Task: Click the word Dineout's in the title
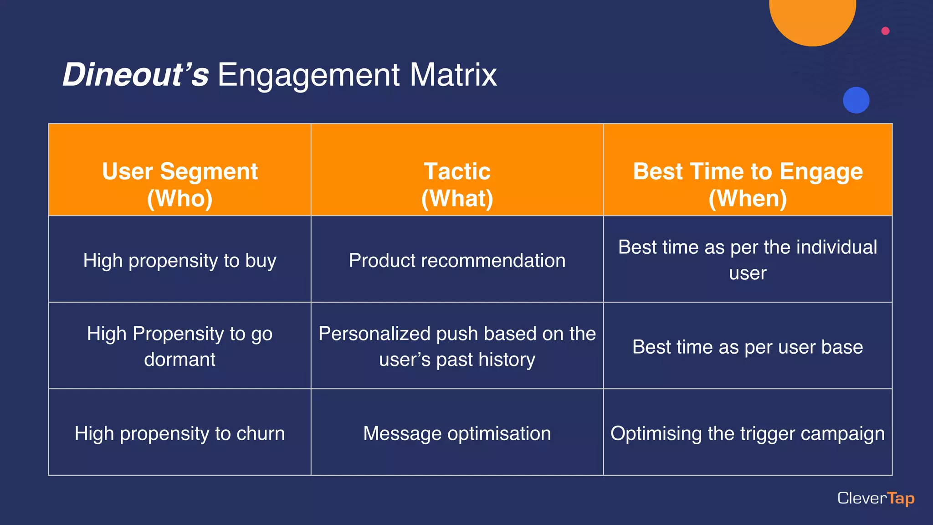click(x=135, y=75)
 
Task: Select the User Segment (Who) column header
click(x=180, y=185)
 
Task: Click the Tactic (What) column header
click(x=457, y=185)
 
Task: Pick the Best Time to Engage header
click(x=748, y=185)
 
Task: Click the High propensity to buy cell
click(x=180, y=260)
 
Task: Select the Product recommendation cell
click(x=457, y=260)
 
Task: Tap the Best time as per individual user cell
click(x=748, y=260)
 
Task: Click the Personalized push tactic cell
click(x=457, y=346)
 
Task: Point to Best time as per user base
click(x=748, y=347)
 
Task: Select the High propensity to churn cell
click(x=180, y=433)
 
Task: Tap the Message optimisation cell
click(x=457, y=433)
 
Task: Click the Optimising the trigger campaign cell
click(x=748, y=433)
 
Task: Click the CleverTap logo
click(x=876, y=498)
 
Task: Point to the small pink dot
click(x=885, y=31)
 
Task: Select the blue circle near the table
click(x=856, y=100)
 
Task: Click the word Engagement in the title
click(x=309, y=75)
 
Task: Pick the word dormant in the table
click(x=180, y=360)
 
